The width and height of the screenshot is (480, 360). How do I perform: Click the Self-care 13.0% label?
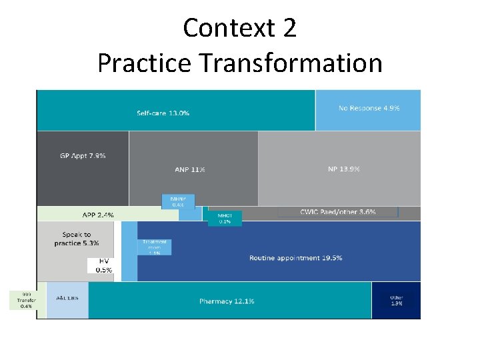pos(163,113)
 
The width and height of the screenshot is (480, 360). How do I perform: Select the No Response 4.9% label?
pos(369,108)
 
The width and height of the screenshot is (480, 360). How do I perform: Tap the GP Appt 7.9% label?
pos(83,155)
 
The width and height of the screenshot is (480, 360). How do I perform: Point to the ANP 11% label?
pos(190,169)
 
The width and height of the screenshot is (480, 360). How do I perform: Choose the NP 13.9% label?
pos(343,169)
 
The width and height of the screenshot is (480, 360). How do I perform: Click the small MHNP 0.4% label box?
pos(178,201)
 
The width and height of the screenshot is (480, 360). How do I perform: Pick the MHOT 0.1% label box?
pos(225,218)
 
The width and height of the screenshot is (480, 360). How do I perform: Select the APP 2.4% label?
pos(97,215)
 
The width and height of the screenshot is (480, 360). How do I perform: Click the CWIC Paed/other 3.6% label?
pos(338,212)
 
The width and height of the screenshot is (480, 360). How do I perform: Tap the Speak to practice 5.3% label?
pos(77,239)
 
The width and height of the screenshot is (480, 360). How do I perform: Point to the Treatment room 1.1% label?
pos(155,247)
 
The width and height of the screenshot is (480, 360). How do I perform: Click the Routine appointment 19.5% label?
pos(295,257)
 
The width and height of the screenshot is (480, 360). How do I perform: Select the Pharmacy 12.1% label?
pos(227,301)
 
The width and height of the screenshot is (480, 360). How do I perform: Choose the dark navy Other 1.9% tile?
pos(396,300)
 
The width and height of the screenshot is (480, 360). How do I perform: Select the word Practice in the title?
pos(144,63)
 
